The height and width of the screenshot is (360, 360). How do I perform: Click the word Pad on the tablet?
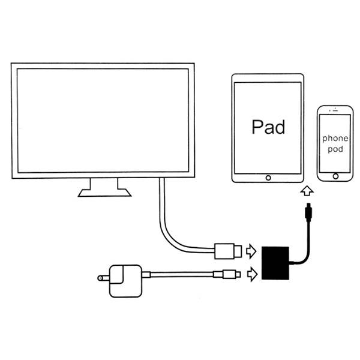268,127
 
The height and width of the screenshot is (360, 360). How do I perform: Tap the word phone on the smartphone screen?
335,138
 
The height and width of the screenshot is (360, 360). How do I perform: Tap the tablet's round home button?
268,178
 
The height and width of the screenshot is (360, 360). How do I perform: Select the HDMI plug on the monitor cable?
229,249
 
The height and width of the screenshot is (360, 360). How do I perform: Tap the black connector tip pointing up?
307,211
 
